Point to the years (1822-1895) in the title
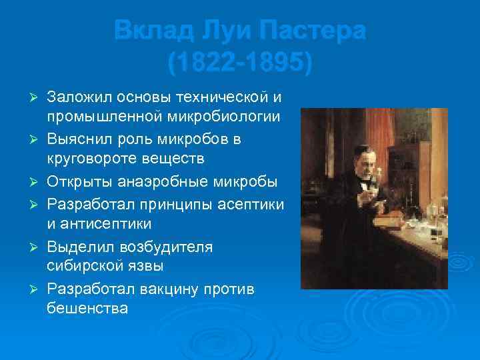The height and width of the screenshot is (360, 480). (239, 63)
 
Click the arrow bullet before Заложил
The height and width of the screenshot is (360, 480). (37, 99)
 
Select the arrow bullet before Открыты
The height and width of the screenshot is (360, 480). (37, 183)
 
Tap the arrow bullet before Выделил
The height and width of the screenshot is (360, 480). (37, 247)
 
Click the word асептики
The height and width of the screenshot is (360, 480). (247, 203)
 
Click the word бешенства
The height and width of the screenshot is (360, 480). (87, 310)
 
